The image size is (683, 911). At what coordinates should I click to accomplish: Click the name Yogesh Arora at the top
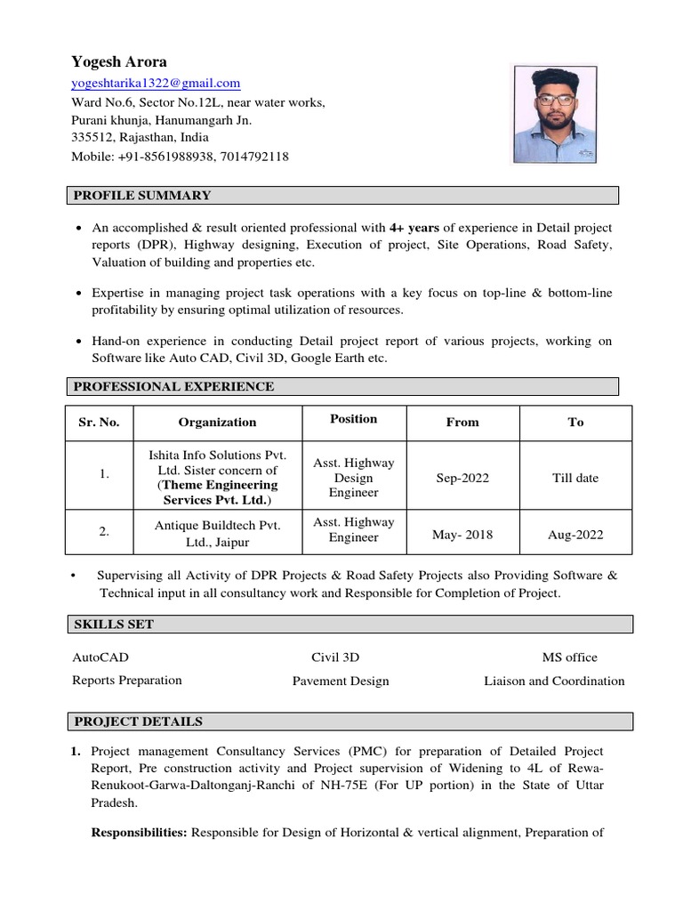pos(118,62)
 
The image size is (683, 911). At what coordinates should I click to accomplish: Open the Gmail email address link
pos(156,84)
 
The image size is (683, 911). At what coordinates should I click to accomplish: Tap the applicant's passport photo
pos(553,114)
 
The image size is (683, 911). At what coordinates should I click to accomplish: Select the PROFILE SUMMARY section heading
pos(142,196)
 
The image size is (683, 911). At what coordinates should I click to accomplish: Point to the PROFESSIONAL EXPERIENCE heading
pos(173,386)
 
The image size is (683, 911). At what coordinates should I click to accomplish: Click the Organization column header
pos(217,423)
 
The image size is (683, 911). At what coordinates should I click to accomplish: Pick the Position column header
pos(354,419)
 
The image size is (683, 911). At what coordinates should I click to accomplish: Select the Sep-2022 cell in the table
pos(462,478)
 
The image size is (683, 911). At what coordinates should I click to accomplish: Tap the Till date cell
pos(575,478)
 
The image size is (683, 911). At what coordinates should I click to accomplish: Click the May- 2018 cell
pos(462,535)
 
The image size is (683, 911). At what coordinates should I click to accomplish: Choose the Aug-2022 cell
pos(575,535)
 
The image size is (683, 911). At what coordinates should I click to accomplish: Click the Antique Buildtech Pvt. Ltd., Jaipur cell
pos(217,531)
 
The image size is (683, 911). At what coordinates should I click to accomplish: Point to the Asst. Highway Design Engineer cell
pos(354,478)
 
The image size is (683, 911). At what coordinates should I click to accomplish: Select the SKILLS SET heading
pos(113,625)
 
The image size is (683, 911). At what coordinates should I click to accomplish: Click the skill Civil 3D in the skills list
pos(335,657)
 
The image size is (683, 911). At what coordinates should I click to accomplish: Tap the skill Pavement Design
pos(341,681)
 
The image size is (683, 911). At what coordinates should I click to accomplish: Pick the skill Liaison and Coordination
pos(554,681)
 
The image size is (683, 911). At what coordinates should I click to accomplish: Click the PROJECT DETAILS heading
pos(138,722)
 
